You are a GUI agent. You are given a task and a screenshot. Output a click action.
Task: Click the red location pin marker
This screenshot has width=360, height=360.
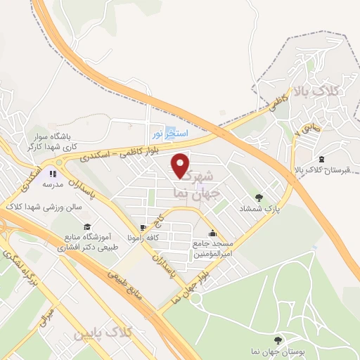point(181,166)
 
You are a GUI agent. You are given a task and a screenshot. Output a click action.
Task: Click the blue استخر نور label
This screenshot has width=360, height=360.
point(168,132)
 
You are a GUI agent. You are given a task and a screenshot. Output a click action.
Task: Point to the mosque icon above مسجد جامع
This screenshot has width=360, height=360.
point(213,234)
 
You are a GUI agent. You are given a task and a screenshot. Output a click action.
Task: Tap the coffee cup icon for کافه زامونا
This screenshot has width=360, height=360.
point(143,228)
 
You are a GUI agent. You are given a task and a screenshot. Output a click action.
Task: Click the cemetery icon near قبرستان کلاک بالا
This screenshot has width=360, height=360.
point(322,159)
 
